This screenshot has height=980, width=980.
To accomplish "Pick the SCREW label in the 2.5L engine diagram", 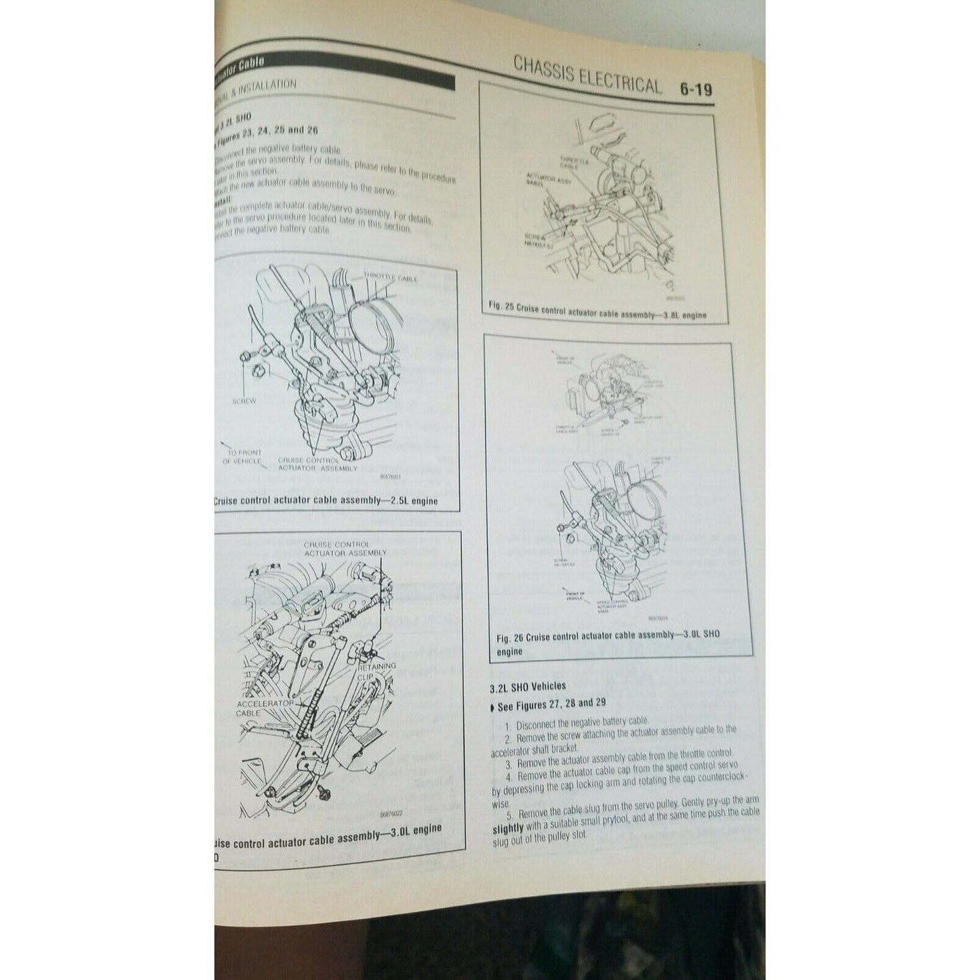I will [244, 401].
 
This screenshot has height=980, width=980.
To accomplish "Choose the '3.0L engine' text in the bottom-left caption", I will [411, 830].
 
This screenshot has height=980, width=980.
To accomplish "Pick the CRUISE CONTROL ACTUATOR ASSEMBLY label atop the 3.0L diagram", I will [336, 548].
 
